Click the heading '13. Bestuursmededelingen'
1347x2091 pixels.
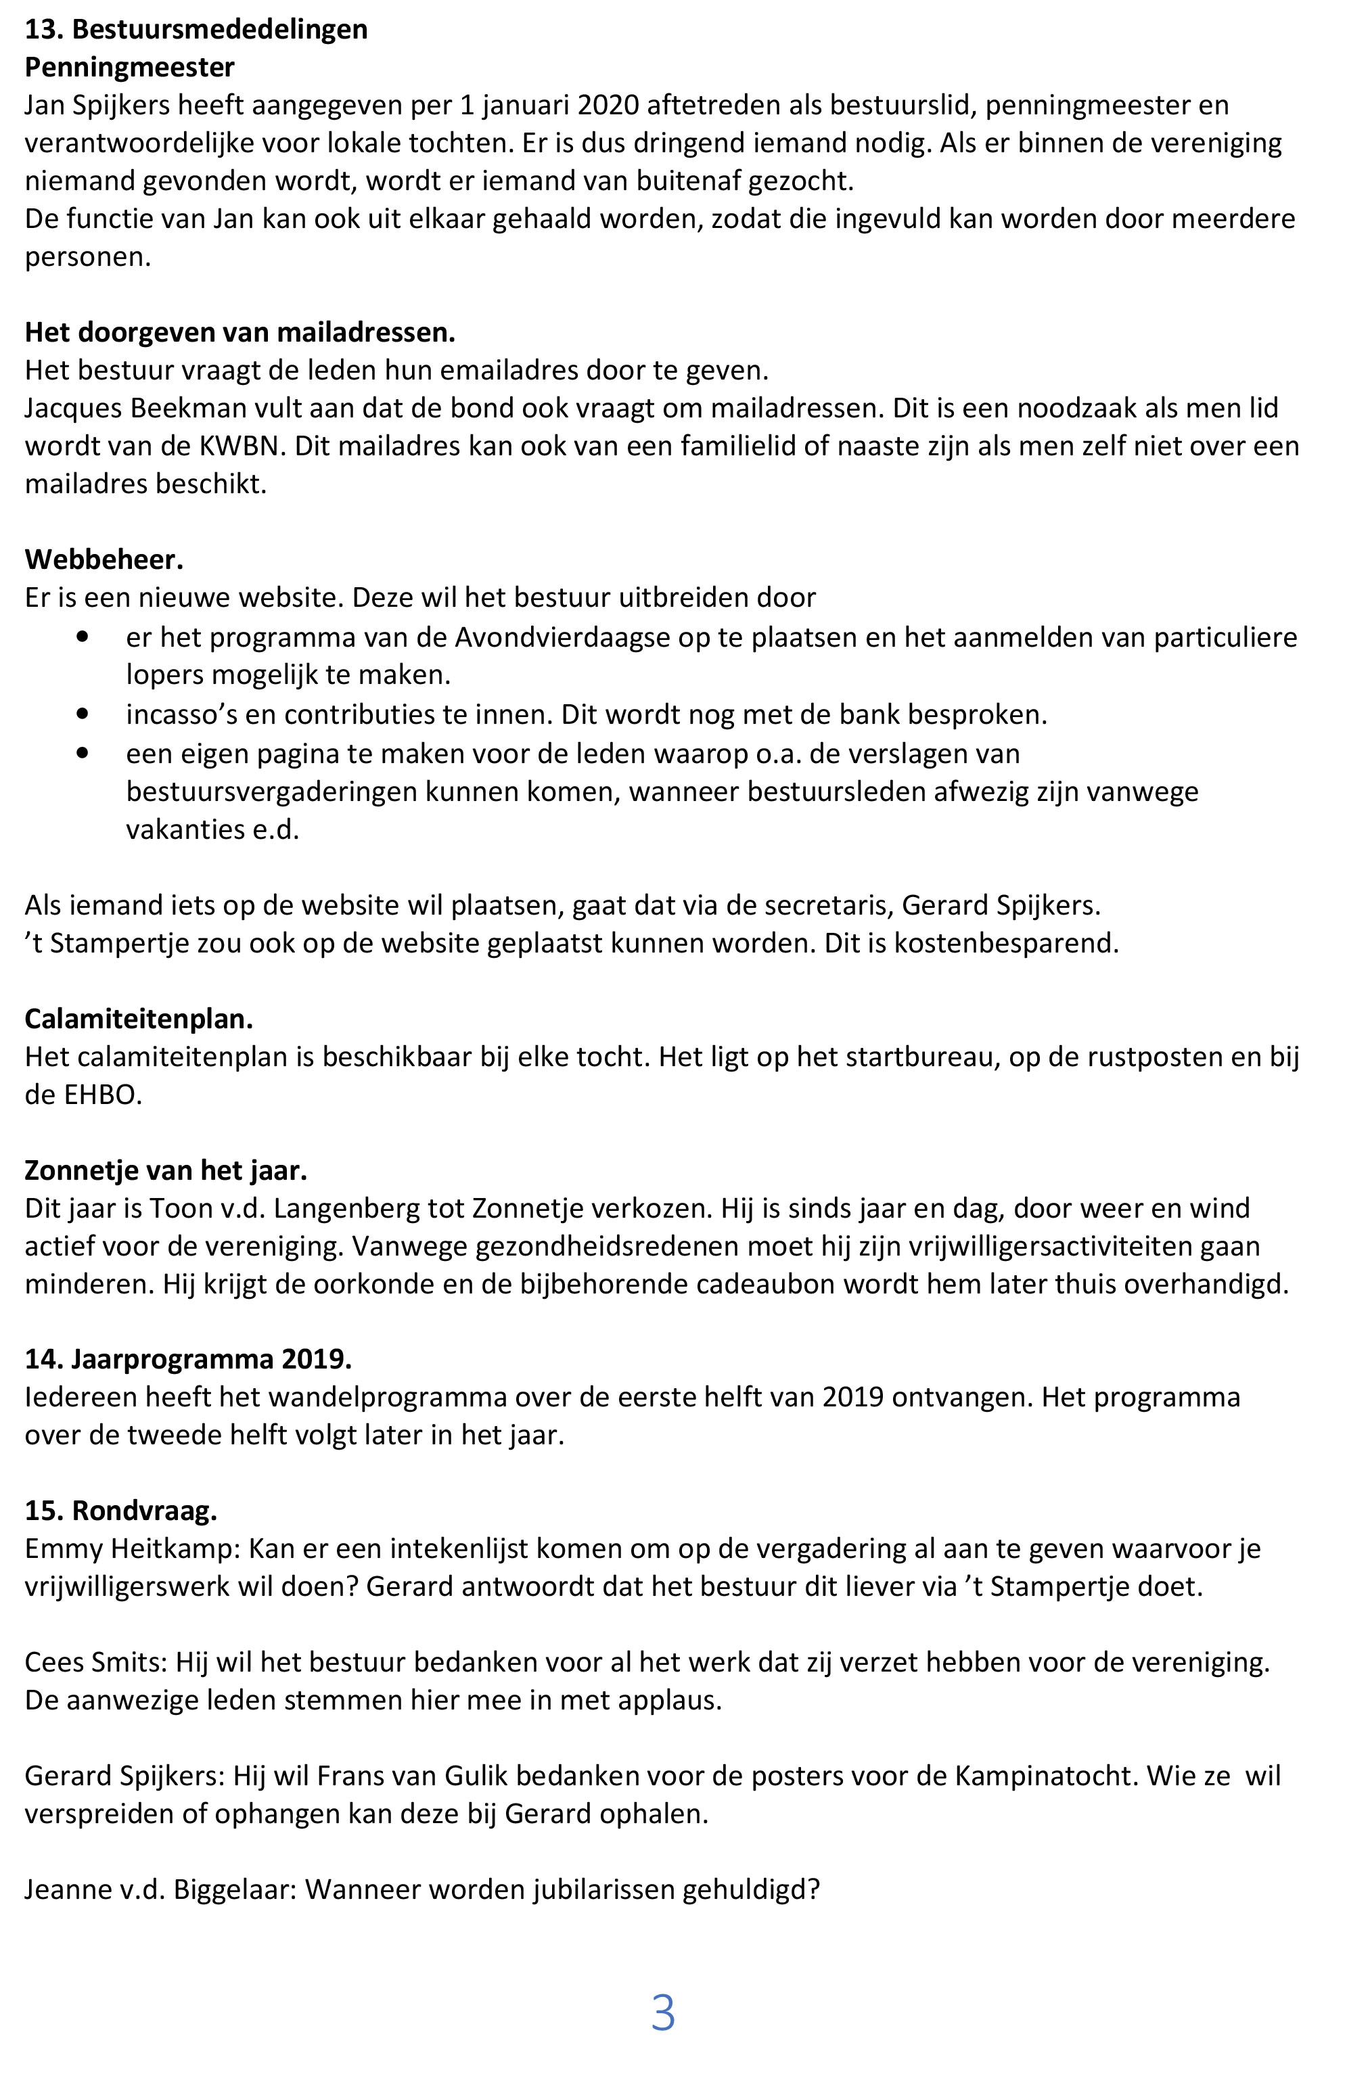196,30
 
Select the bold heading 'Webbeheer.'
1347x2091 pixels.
104,559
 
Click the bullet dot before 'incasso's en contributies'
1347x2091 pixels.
83,714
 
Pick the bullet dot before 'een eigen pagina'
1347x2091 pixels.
83,752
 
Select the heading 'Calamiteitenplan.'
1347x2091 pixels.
138,1019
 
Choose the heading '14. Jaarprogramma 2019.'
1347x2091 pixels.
188,1359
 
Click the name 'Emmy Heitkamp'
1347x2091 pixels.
131,1548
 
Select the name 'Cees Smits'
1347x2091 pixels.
95,1661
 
